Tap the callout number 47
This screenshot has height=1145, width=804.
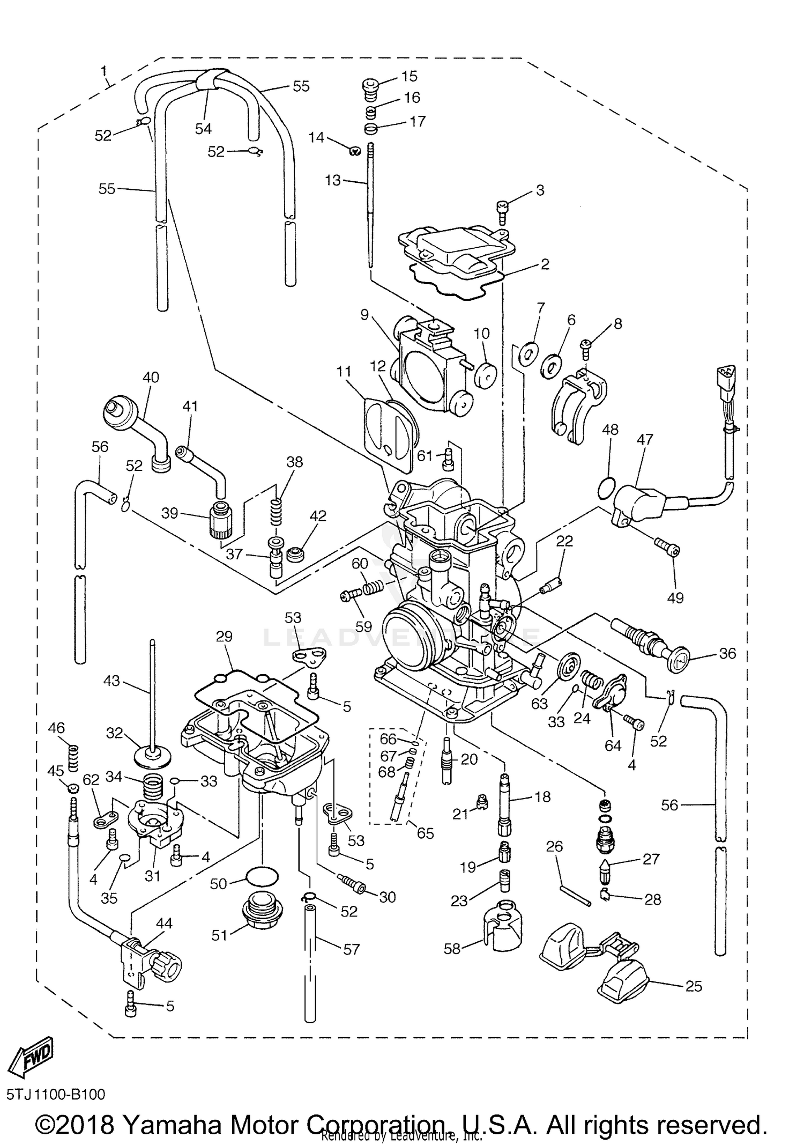(x=645, y=440)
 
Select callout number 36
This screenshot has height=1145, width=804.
(x=727, y=653)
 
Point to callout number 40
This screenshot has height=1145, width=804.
(x=151, y=377)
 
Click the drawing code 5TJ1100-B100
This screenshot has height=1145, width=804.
(x=56, y=1094)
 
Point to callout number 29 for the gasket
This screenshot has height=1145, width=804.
(x=224, y=636)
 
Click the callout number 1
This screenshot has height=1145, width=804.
(x=103, y=70)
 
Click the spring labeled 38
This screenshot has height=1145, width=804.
(x=275, y=512)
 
